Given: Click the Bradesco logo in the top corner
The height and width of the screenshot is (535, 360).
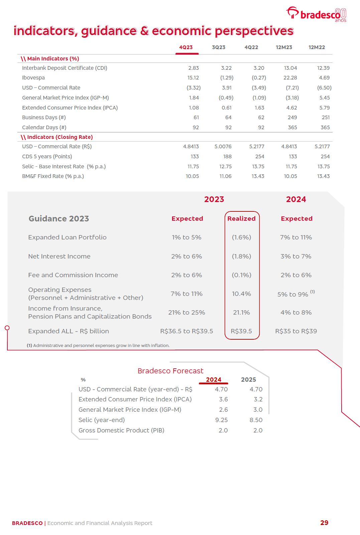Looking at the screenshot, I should [316, 14].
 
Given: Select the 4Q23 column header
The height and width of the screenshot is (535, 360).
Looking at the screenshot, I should [186, 47].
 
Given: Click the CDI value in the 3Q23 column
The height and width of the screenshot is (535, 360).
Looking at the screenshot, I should [226, 68].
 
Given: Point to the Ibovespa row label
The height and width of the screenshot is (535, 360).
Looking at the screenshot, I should [33, 78].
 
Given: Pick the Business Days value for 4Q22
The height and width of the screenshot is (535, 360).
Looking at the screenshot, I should [261, 118].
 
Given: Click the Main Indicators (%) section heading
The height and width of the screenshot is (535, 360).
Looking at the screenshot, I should [50, 59].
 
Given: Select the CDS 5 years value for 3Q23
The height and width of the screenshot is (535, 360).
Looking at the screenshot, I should [227, 157].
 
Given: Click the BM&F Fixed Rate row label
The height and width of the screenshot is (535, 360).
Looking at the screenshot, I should [53, 176].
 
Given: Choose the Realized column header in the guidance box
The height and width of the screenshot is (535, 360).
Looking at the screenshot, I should [241, 219].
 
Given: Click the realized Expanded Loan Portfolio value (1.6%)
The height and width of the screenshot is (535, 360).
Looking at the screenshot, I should [241, 237].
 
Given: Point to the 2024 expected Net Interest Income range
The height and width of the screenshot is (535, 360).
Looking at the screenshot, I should [296, 256].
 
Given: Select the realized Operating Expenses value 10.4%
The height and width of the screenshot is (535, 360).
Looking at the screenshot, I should [241, 294].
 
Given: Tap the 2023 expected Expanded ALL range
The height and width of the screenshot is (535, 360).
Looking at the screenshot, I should [187, 331].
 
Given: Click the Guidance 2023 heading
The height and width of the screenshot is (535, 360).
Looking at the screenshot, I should [59, 219].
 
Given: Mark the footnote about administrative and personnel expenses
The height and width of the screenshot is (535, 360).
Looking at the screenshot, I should [98, 346].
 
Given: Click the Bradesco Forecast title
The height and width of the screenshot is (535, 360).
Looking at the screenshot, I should [170, 371].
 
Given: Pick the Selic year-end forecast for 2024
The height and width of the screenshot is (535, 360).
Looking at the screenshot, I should [221, 420].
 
